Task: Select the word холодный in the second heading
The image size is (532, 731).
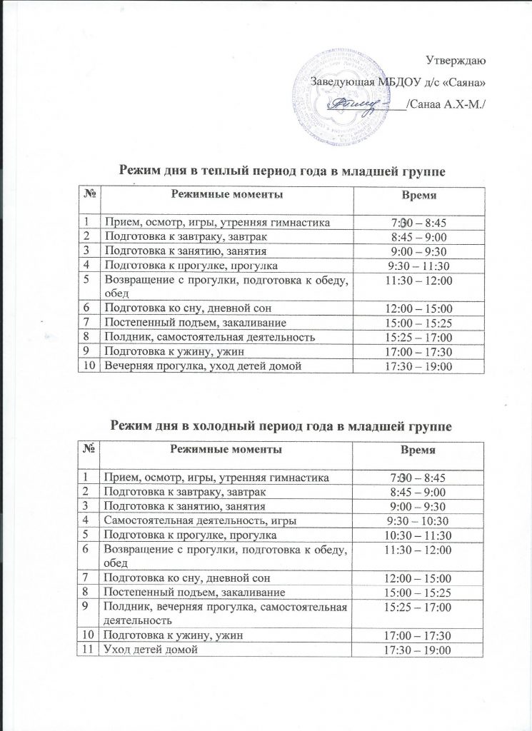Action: point(226,426)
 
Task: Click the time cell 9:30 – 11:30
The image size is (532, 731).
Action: point(419,266)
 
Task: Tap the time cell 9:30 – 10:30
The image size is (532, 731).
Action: point(419,520)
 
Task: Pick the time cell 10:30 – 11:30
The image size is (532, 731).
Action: point(419,535)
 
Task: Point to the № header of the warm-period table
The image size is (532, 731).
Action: point(90,195)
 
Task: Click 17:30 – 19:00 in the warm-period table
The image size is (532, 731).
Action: point(419,366)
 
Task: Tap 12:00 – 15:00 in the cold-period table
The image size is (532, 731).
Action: point(419,578)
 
